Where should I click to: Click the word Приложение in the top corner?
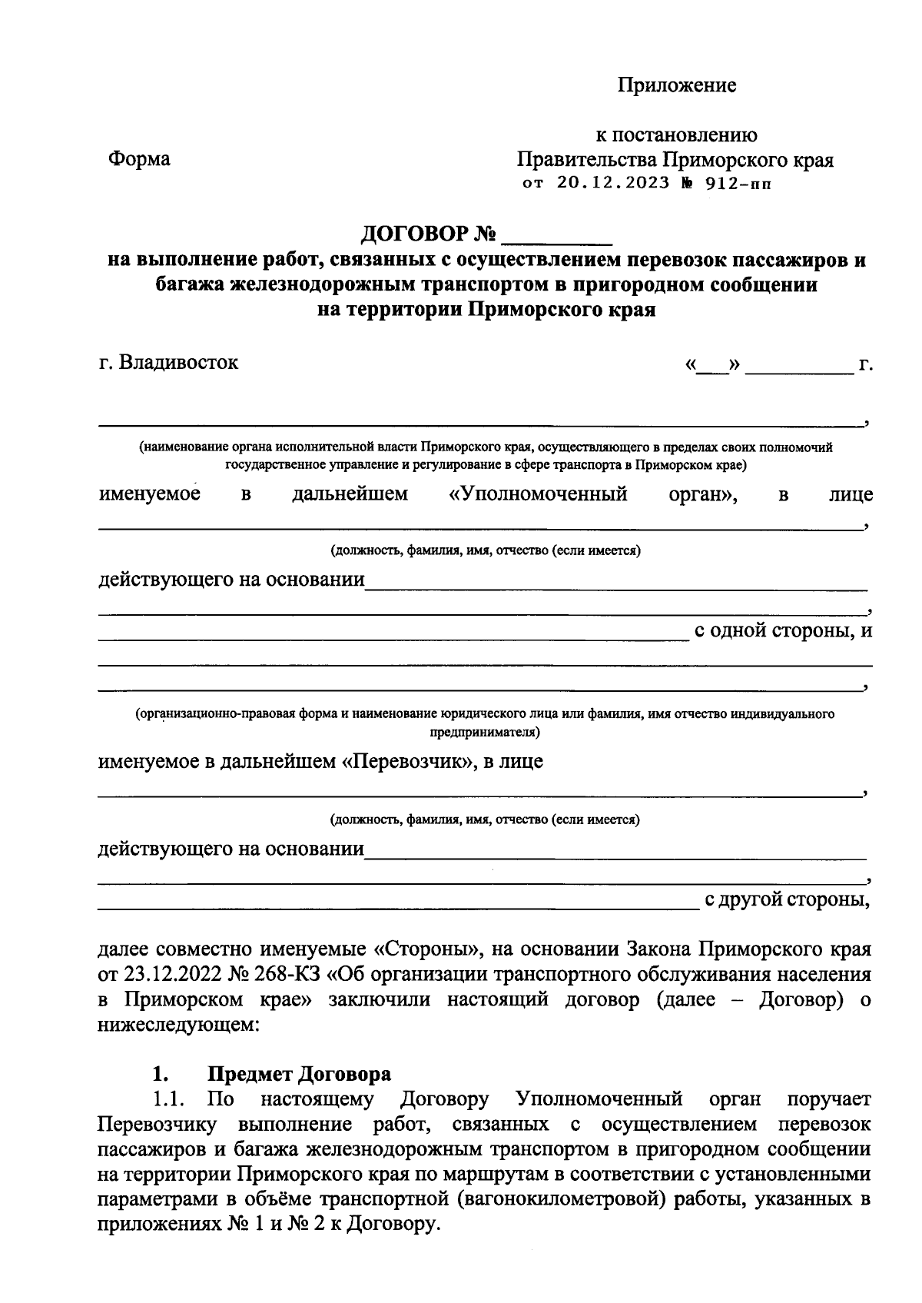677,85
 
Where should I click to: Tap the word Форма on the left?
139,159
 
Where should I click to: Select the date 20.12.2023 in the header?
610,184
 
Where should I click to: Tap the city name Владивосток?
179,362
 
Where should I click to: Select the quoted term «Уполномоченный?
538,494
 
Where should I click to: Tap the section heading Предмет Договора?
299,1073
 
